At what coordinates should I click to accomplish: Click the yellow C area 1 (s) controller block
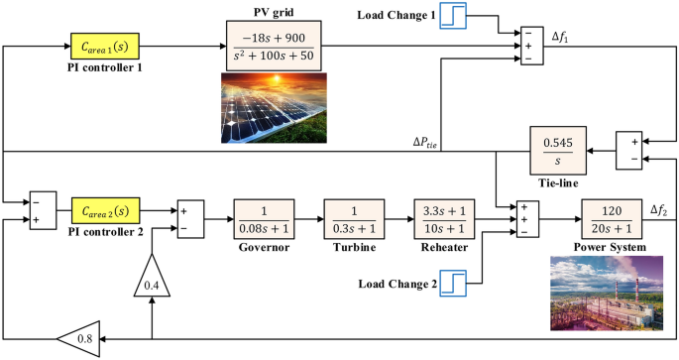[x=104, y=47]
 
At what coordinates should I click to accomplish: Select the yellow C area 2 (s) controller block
[x=104, y=210]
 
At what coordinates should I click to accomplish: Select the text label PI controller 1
[x=104, y=69]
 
